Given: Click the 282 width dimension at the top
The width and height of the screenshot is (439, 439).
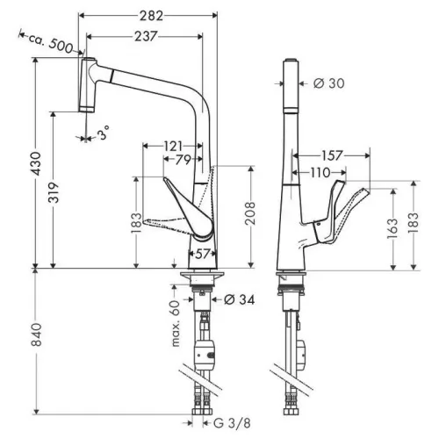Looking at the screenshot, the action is coord(151,16).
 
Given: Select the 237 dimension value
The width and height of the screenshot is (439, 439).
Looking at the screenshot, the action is coord(146,36).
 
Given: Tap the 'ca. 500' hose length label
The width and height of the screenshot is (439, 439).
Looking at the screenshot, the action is coord(50,43).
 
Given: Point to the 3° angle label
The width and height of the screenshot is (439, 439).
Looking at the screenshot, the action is coord(103,133).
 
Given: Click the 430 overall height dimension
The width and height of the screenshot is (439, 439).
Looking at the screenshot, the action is coord(37,163).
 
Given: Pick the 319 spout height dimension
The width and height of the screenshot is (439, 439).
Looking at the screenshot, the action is coord(54,192).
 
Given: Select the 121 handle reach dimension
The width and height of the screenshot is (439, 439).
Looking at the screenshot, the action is coord(173,146).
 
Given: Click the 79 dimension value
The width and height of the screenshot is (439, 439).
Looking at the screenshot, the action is coord(184,160).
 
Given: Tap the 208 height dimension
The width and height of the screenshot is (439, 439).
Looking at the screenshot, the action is coord(250,212).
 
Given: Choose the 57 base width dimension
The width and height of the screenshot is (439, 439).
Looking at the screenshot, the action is coord(203,254).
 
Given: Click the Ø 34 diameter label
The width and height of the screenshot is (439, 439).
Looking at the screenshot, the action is coord(239,299).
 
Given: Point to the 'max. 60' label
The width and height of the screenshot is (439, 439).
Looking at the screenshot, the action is coord(175,324).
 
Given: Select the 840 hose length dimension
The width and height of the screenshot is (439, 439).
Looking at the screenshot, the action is coord(37,335).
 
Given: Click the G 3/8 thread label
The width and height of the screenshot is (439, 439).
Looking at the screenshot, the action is coord(232,423).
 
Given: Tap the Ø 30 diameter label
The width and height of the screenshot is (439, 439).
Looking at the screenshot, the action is coord(329,83).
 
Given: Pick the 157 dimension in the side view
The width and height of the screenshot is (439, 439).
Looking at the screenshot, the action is coord(332,155).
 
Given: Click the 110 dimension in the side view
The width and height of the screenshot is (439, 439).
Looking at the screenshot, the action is coord(320,173).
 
